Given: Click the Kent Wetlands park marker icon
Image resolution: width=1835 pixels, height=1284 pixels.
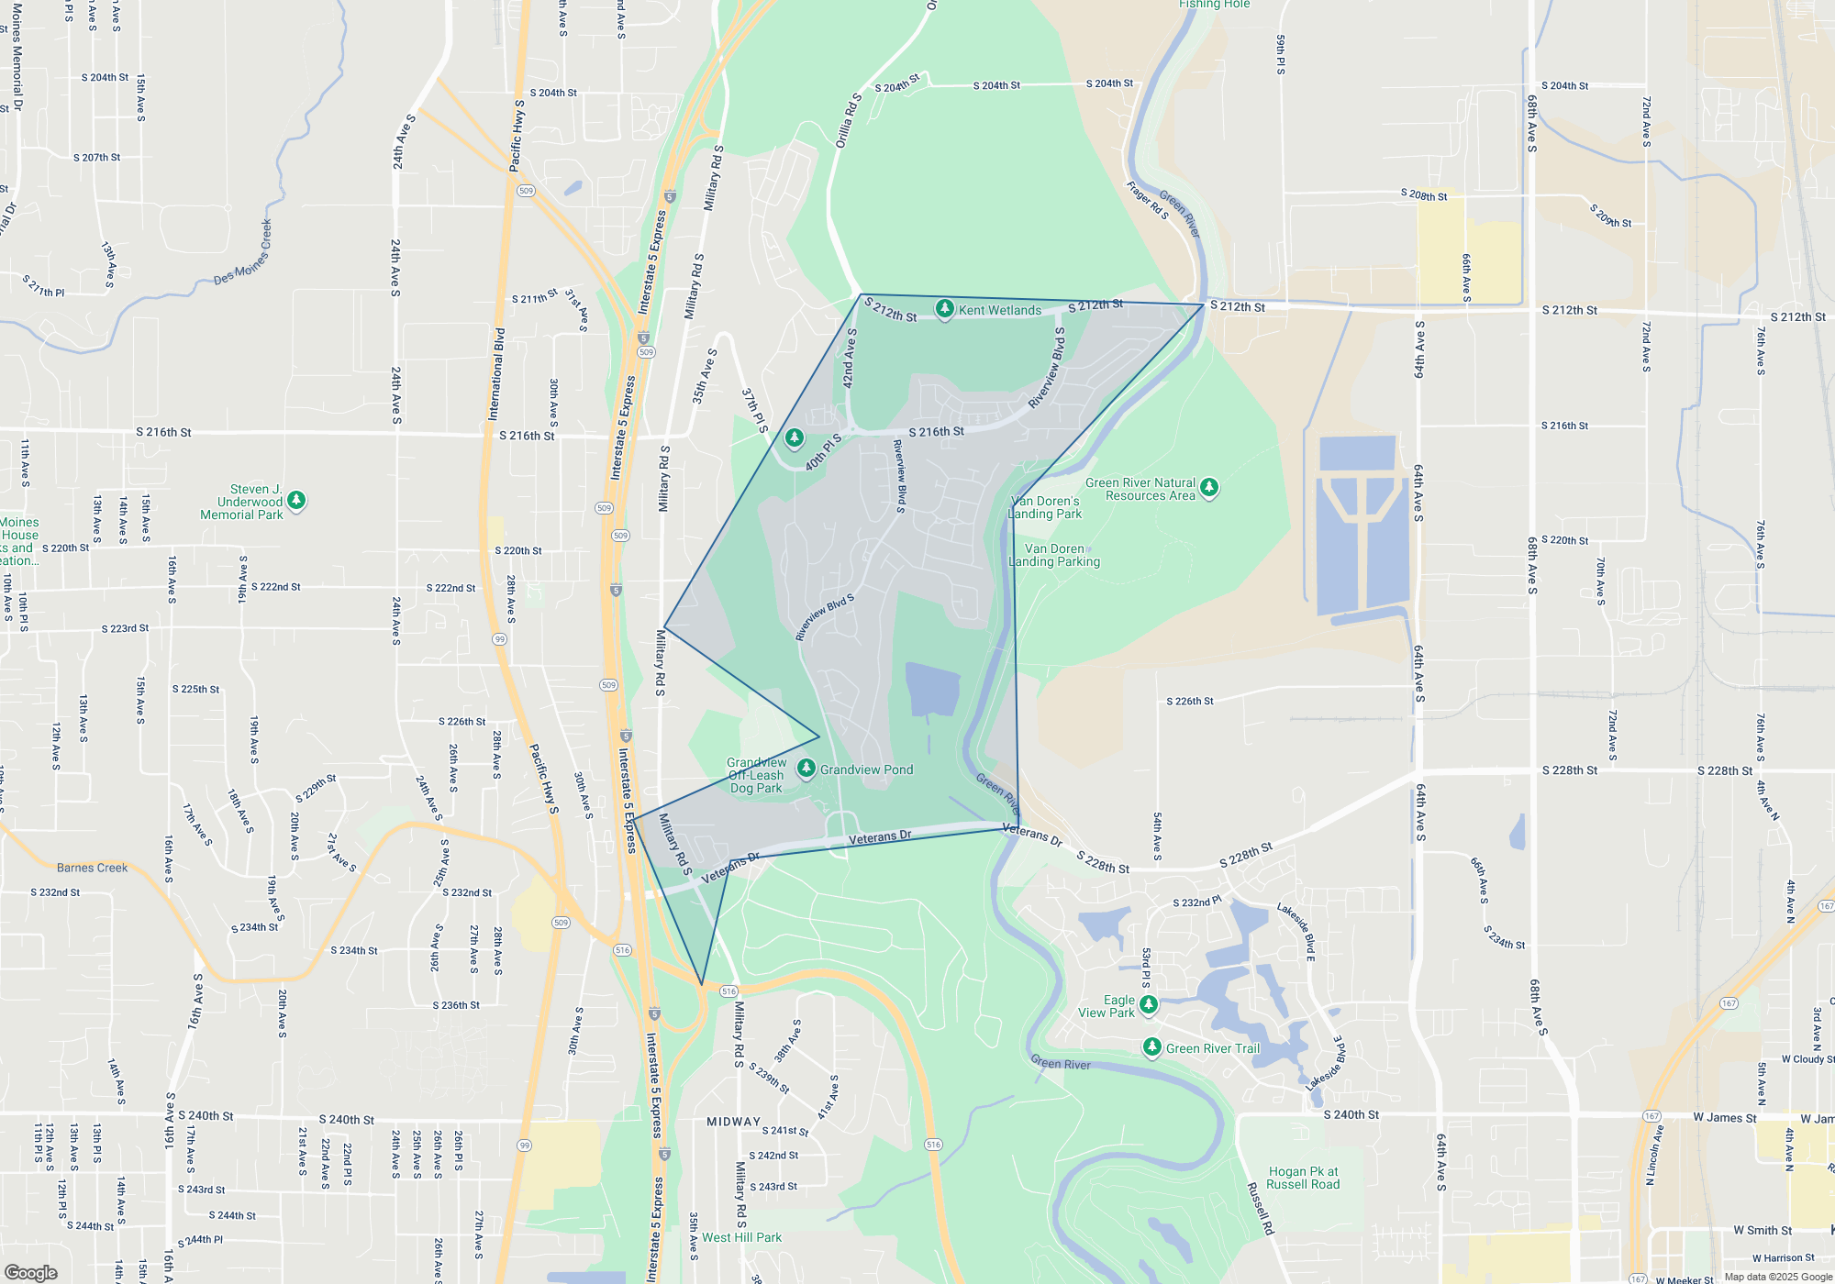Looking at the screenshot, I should (x=944, y=308).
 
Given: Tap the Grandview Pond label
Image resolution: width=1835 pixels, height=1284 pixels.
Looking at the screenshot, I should (x=866, y=769).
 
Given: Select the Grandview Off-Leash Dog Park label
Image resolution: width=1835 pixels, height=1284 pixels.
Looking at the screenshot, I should (x=756, y=775).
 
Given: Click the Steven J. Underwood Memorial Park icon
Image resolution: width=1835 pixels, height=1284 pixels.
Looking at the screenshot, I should (x=295, y=500).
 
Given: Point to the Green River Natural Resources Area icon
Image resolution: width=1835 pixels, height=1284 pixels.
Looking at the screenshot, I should (x=1209, y=487).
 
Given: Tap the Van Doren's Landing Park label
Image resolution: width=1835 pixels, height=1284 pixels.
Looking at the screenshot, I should (x=1045, y=507).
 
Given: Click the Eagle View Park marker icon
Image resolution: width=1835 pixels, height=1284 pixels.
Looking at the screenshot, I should (x=1148, y=1004).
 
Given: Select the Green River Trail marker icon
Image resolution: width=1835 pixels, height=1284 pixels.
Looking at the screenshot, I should (x=1152, y=1046).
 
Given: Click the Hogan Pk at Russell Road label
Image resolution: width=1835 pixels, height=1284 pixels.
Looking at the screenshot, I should (x=1303, y=1178).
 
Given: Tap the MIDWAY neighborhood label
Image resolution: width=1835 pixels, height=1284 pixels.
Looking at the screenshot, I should (x=733, y=1122).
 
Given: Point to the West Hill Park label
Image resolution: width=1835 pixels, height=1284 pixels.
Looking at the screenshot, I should (x=741, y=1237).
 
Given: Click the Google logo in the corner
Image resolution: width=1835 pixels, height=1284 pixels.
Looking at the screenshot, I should (x=30, y=1272).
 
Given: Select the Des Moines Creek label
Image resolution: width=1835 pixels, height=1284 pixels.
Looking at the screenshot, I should (x=243, y=252).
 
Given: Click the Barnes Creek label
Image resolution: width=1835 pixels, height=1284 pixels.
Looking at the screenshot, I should (x=92, y=868).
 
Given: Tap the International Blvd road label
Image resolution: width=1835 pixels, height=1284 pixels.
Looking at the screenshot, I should (x=497, y=374).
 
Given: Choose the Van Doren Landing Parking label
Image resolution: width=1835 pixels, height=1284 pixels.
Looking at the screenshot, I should (x=1054, y=555).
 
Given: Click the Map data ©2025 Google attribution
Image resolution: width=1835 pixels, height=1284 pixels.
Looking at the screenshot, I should (x=1777, y=1277).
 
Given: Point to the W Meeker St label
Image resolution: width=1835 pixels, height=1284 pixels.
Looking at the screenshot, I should (x=1684, y=1279).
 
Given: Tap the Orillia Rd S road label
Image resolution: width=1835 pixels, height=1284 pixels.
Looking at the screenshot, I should (x=849, y=120).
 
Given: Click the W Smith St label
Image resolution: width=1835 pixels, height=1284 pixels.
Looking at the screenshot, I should (x=1763, y=1230).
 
